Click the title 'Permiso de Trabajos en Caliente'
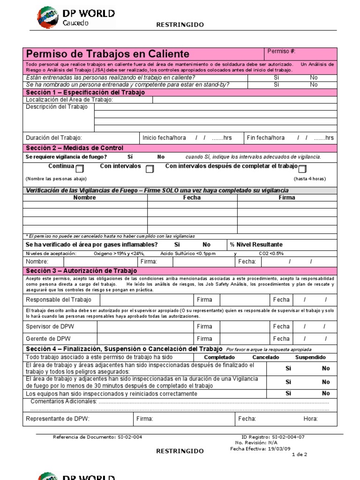coord(108,54)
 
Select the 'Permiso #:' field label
coord(281,51)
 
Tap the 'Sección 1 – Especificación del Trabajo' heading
coord(85,92)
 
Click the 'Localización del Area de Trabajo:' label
coord(69,100)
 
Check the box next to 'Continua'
coord(80,169)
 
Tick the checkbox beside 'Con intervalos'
coord(150,169)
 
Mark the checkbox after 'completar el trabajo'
coord(302,169)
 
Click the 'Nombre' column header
coord(85,198)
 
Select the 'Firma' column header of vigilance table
coord(287,198)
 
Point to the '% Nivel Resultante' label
coord(256,245)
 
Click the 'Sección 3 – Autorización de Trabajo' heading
coord(82,271)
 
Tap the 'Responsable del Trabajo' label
coord(59,300)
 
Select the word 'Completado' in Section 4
coord(220,357)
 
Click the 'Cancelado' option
coord(266,357)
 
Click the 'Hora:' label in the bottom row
coord(310,419)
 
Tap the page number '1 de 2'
coord(300,455)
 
